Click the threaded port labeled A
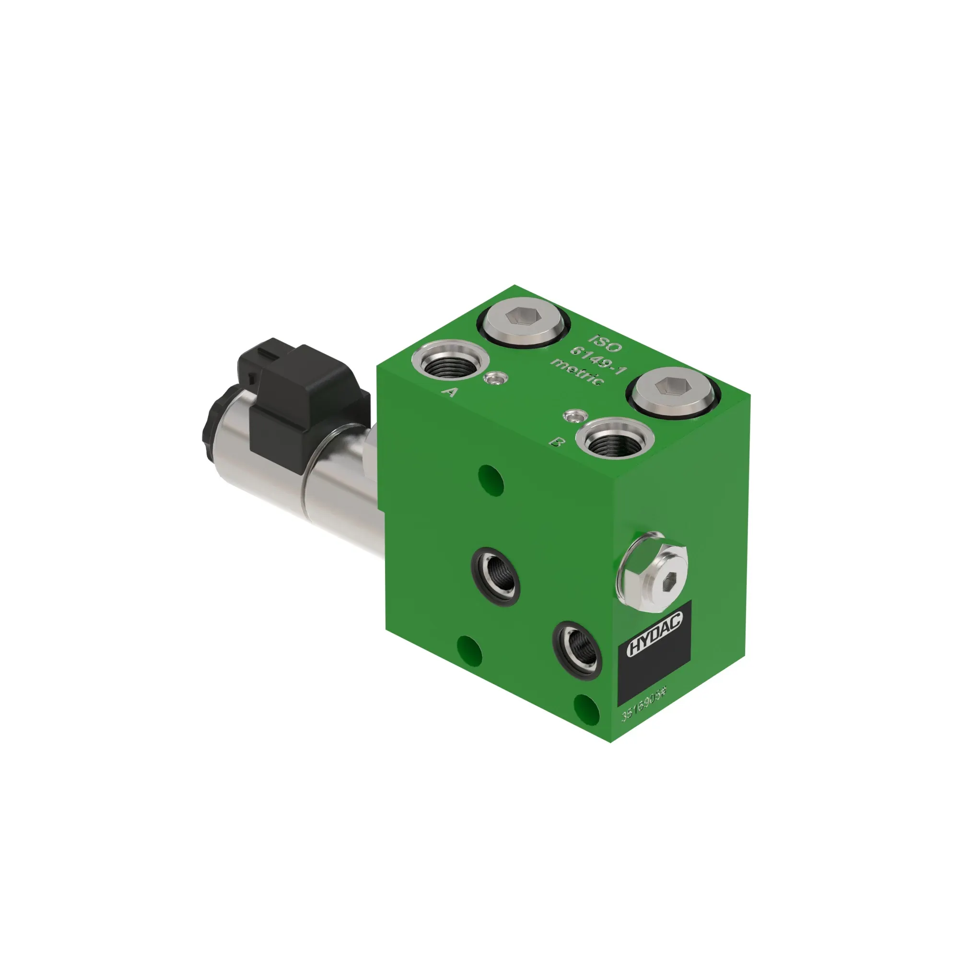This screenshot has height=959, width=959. pyautogui.click(x=450, y=364)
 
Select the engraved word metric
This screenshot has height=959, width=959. pyautogui.click(x=578, y=371)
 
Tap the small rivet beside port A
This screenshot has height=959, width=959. pyautogui.click(x=495, y=379)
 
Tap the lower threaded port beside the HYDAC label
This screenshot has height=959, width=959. pyautogui.click(x=578, y=650)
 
